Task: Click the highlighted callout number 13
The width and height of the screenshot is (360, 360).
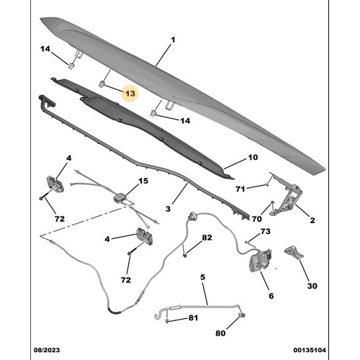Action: pyautogui.click(x=130, y=94)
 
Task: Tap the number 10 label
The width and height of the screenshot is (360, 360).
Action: pyautogui.click(x=252, y=158)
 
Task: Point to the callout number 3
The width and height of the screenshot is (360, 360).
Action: pyautogui.click(x=167, y=209)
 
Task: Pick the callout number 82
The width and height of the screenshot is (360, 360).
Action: pyautogui.click(x=207, y=238)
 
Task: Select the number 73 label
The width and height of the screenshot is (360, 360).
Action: pyautogui.click(x=265, y=231)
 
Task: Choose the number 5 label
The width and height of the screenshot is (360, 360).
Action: pyautogui.click(x=202, y=277)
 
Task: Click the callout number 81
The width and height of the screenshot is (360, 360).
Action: pyautogui.click(x=193, y=318)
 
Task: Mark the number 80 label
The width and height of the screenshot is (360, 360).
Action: pyautogui.click(x=221, y=333)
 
